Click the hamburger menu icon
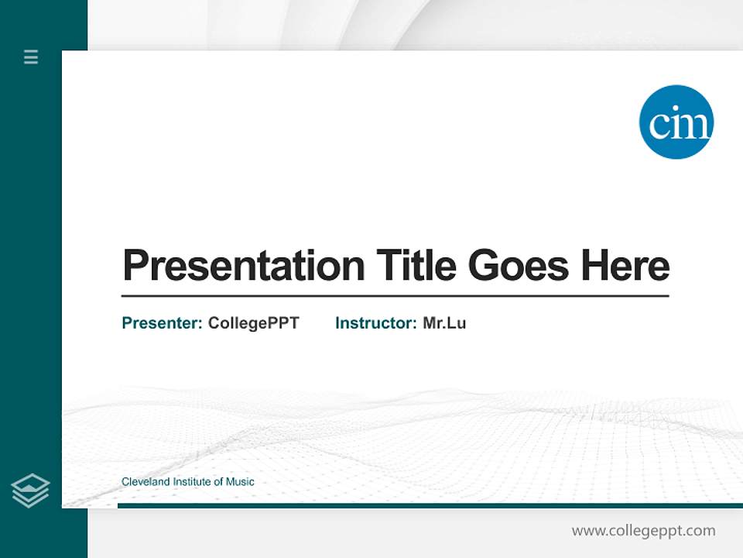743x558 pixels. pyautogui.click(x=31, y=57)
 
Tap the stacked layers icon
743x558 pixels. pyautogui.click(x=30, y=491)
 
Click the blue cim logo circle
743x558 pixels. pyautogui.click(x=676, y=122)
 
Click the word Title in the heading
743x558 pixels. pyautogui.click(x=416, y=265)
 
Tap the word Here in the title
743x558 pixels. pyautogui.click(x=625, y=266)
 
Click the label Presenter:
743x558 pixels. pyautogui.click(x=163, y=323)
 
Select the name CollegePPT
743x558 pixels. pyautogui.click(x=253, y=323)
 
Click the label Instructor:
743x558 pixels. pyautogui.click(x=376, y=323)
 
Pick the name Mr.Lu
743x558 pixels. pyautogui.click(x=444, y=323)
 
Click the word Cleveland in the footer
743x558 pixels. pyautogui.click(x=146, y=482)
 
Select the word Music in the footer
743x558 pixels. pyautogui.click(x=240, y=482)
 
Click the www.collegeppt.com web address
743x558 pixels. pyautogui.click(x=643, y=531)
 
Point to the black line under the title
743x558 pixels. pyautogui.click(x=395, y=296)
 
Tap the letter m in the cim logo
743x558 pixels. pyautogui.click(x=695, y=125)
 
